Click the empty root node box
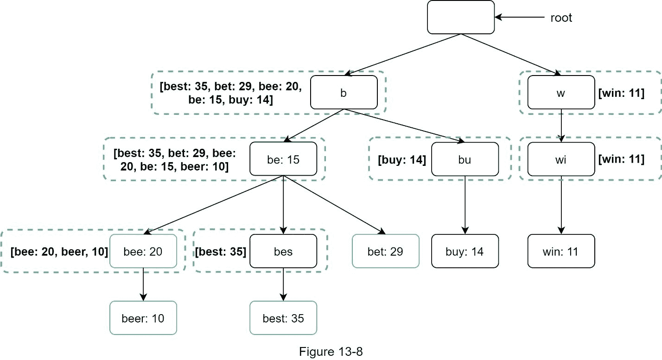[x=461, y=17]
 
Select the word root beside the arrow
[x=561, y=18]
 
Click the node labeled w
[x=561, y=93]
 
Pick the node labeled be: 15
[x=283, y=159]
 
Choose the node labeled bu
[x=465, y=159]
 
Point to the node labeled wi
[x=561, y=159]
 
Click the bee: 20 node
[x=143, y=251]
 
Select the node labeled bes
[x=283, y=251]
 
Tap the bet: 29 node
[x=385, y=251]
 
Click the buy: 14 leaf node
[x=465, y=251]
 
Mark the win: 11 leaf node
[x=561, y=251]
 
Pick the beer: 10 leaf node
[x=143, y=318]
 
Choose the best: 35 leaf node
[x=283, y=318]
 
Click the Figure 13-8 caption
[x=331, y=352]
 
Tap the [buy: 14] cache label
[x=401, y=159]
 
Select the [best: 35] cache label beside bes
[x=221, y=252]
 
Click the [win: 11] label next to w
[x=621, y=93]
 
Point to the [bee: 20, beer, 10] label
[x=59, y=252]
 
